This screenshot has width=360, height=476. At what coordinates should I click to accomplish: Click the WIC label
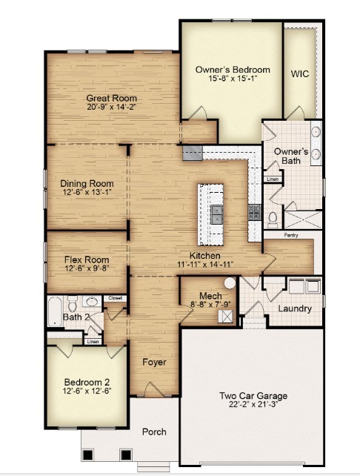[300, 74]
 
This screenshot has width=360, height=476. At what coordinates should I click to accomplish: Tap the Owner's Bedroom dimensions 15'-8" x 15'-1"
[233, 79]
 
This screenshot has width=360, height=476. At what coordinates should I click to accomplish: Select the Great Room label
[112, 98]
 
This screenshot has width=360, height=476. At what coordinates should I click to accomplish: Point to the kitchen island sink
[216, 215]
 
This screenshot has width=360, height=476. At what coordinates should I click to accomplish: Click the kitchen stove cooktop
[254, 213]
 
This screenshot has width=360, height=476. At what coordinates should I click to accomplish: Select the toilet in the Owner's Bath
[273, 218]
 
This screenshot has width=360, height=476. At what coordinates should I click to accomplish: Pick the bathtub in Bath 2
[56, 311]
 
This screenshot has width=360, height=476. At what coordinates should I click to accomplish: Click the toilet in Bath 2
[73, 305]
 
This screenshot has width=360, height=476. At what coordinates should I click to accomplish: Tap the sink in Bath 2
[92, 303]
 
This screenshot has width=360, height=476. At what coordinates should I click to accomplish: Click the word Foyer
[154, 363]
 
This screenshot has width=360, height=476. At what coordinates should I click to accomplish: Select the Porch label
[153, 432]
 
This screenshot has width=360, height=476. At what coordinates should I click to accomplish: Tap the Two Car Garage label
[253, 396]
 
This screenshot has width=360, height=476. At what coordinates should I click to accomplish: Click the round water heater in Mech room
[230, 282]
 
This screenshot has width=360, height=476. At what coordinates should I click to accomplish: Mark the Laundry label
[295, 308]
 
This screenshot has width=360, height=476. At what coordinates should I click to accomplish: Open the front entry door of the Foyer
[153, 391]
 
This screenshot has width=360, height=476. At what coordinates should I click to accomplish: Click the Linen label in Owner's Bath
[272, 179]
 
